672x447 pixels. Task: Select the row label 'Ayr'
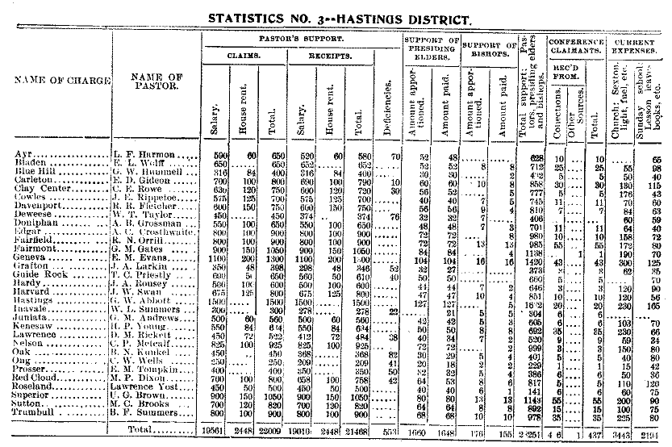pos(24,155)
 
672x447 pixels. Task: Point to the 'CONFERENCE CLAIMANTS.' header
pos(575,44)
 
